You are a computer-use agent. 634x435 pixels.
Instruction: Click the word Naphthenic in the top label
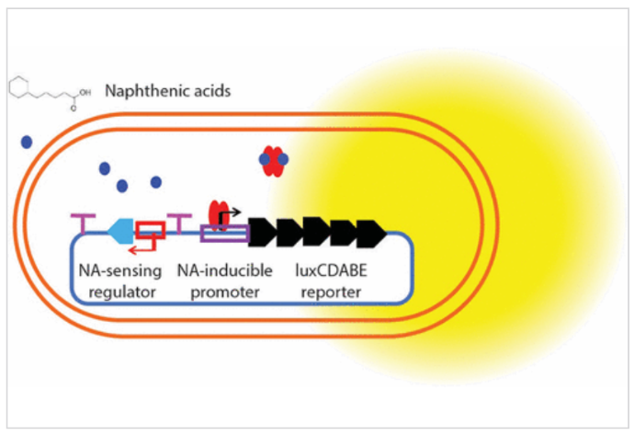pyautogui.click(x=145, y=91)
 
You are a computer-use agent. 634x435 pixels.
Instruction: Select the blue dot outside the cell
pyautogui.click(x=27, y=142)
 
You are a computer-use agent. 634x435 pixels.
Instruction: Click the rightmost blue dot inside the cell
pyautogui.click(x=156, y=181)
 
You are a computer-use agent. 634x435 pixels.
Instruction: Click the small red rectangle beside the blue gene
pyautogui.click(x=150, y=229)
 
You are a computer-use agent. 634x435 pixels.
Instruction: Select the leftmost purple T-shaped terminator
pyautogui.click(x=84, y=222)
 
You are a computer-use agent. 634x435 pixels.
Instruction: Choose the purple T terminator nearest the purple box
pyautogui.click(x=180, y=222)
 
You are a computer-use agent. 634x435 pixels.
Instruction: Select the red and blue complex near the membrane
pyautogui.click(x=274, y=160)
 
